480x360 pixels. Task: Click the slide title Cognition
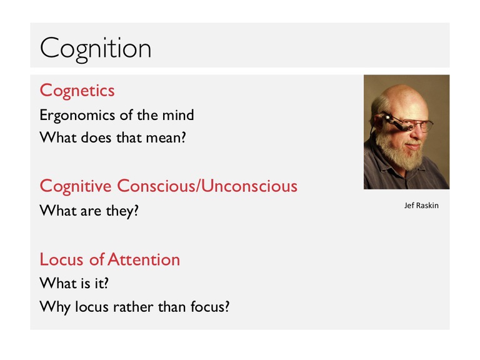click(96, 49)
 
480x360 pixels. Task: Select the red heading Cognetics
click(77, 91)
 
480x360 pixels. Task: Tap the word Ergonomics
click(77, 116)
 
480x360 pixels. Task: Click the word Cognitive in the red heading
click(76, 186)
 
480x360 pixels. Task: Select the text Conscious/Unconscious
click(207, 186)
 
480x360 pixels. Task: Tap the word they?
click(122, 211)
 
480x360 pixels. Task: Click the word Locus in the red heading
click(61, 259)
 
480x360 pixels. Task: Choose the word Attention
click(144, 259)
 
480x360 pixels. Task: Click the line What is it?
click(74, 283)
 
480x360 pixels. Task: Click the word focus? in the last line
click(210, 307)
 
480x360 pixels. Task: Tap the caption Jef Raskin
click(421, 206)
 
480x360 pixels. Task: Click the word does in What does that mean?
click(96, 137)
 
